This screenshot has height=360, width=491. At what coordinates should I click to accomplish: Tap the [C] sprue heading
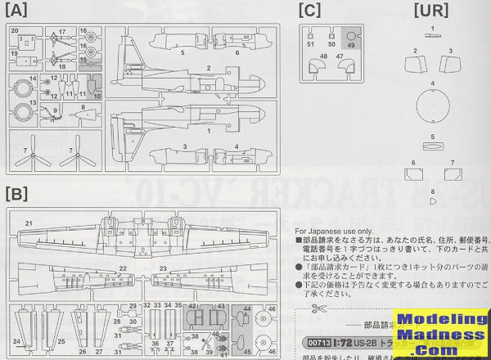[x=309, y=11]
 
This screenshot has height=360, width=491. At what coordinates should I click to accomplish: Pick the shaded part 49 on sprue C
[x=351, y=38]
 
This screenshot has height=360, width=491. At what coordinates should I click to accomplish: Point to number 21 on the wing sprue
[x=28, y=223]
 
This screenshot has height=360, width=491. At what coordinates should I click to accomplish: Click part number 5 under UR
[x=433, y=136]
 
